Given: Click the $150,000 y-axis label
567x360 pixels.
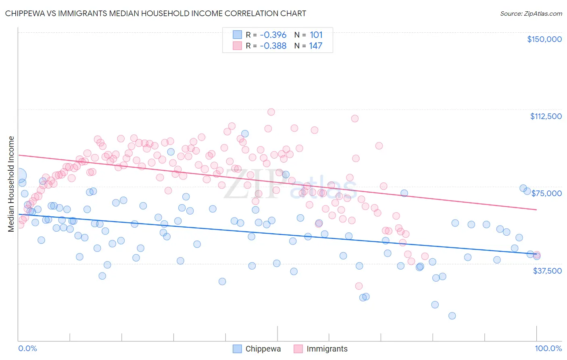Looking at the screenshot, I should (544, 39).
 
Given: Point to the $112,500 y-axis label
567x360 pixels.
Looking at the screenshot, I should (546, 116).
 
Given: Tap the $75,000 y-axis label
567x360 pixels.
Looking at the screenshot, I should (546, 193).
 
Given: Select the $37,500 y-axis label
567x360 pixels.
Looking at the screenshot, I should (547, 271).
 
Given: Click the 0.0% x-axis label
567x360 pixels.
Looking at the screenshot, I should (27, 348).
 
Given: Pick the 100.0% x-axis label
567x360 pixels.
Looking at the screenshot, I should (548, 348).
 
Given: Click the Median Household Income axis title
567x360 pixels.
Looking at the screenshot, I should (11, 184).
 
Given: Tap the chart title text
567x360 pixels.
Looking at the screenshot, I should (155, 13).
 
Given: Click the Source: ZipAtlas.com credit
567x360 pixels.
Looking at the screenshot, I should (531, 13).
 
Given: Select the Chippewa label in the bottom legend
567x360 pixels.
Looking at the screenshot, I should (263, 349).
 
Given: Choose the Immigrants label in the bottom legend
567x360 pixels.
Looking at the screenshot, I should (327, 349).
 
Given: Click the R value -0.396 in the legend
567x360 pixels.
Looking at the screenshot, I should (273, 35).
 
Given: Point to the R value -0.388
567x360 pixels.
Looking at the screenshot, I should (273, 46).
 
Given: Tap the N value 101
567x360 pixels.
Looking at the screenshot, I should (316, 35).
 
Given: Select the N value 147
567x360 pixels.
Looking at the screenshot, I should (316, 46).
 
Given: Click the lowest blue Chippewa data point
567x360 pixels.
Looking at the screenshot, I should (452, 316).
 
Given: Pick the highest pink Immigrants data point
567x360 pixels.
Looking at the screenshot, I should (271, 112).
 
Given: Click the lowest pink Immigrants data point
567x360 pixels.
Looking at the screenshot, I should (359, 286).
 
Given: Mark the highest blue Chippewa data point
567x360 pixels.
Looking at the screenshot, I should (245, 134).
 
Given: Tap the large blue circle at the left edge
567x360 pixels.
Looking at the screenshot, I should (19, 176).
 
